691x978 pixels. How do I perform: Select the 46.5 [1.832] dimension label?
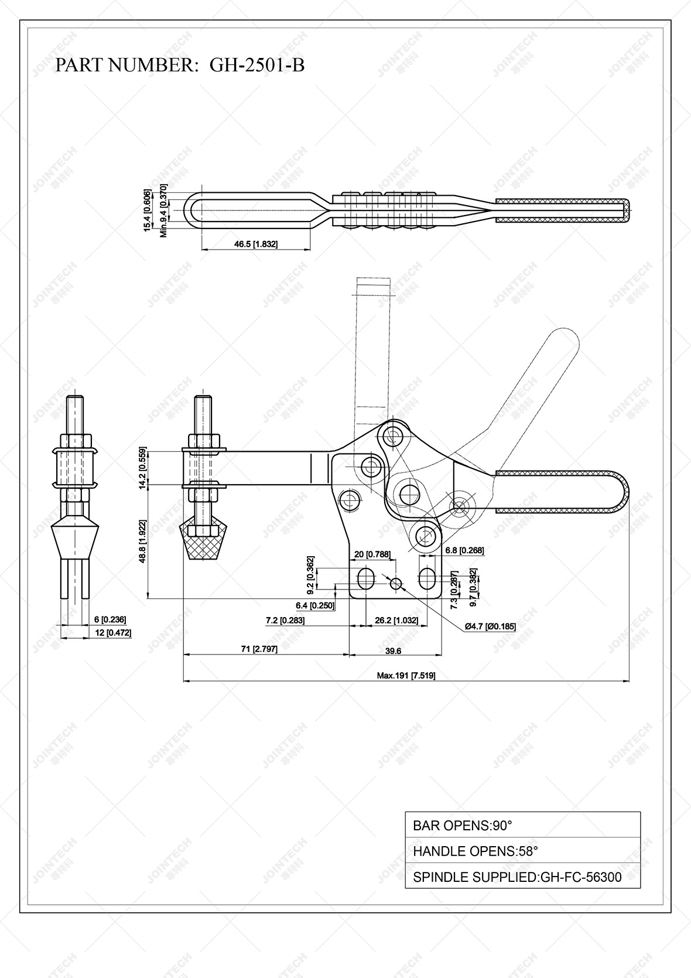256,244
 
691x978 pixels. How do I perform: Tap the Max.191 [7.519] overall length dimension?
406,675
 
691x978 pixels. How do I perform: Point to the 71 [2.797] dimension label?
259,649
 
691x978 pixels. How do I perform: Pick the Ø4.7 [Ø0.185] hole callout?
490,626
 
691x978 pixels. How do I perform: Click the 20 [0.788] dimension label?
373,554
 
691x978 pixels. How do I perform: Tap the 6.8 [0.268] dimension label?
464,550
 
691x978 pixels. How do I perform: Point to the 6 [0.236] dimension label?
110,619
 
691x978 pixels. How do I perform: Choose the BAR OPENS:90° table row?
522,826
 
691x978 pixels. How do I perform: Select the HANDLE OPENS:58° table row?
522,851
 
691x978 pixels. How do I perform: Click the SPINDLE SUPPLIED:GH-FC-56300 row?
522,877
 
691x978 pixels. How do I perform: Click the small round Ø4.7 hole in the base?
396,583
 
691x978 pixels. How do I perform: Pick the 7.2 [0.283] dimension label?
285,620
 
